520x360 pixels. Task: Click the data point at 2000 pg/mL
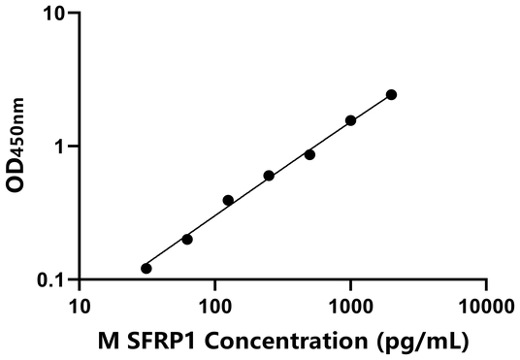tap(391, 94)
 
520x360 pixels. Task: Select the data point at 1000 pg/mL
tap(350, 120)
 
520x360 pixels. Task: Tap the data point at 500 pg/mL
tap(309, 154)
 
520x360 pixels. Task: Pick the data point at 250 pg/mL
tap(269, 176)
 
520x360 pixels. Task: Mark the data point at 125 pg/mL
tap(228, 200)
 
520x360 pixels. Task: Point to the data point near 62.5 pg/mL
tap(187, 239)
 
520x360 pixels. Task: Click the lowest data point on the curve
tap(146, 268)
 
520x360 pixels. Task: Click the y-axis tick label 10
tap(55, 14)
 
